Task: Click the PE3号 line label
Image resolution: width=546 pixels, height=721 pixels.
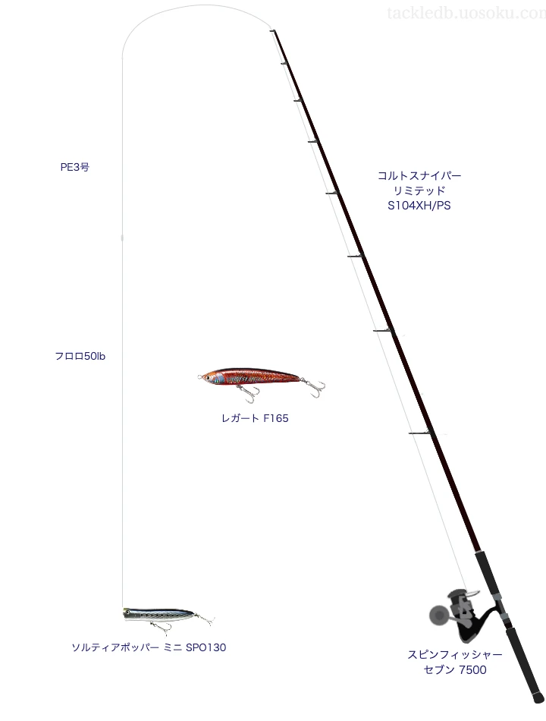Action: (75, 168)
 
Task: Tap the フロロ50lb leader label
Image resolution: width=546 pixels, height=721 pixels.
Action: (80, 357)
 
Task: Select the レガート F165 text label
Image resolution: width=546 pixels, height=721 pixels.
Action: (255, 418)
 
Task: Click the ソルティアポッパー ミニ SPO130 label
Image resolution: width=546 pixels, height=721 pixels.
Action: (149, 647)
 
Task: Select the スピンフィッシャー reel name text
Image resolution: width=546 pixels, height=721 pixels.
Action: (455, 655)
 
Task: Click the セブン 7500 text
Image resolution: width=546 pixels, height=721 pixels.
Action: (455, 670)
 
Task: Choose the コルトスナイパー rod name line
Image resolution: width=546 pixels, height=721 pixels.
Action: (419, 175)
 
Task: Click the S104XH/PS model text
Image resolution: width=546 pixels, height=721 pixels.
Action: (419, 206)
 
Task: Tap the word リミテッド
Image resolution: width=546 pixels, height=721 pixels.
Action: (419, 190)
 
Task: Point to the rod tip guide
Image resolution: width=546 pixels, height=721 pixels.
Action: (273, 31)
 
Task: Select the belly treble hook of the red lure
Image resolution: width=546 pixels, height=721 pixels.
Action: (248, 392)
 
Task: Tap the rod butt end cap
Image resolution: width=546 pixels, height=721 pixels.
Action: (538, 697)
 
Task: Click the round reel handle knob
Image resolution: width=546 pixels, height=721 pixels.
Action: (437, 615)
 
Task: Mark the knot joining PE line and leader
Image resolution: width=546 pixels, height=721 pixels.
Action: (122, 238)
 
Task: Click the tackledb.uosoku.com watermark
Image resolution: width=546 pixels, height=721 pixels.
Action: (466, 13)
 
